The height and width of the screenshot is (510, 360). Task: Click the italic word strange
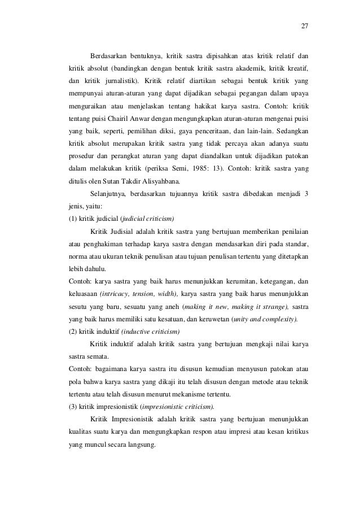274,307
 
